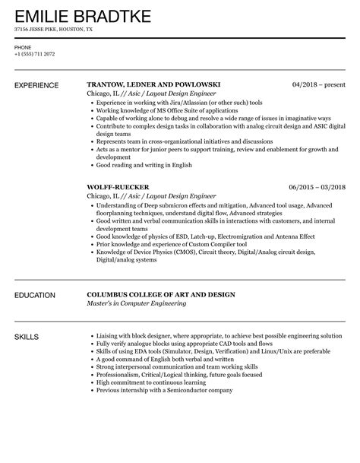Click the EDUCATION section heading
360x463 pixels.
coord(37,294)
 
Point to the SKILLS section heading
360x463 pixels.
coord(27,335)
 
